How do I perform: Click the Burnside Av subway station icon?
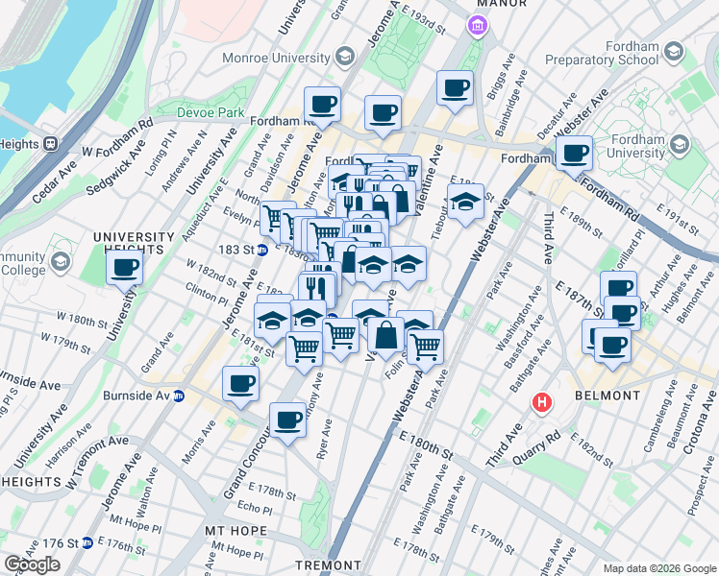click(179, 396)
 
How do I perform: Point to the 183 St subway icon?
click(261, 251)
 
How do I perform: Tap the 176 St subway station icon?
click(87, 542)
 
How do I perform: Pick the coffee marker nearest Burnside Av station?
click(240, 384)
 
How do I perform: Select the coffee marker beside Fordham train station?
click(575, 152)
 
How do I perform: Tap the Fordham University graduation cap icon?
click(681, 146)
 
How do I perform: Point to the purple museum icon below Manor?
click(477, 26)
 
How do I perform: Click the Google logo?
click(32, 564)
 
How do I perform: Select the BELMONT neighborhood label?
click(607, 396)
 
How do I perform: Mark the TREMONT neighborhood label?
click(326, 564)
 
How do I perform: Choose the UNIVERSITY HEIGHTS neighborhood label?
click(134, 244)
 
